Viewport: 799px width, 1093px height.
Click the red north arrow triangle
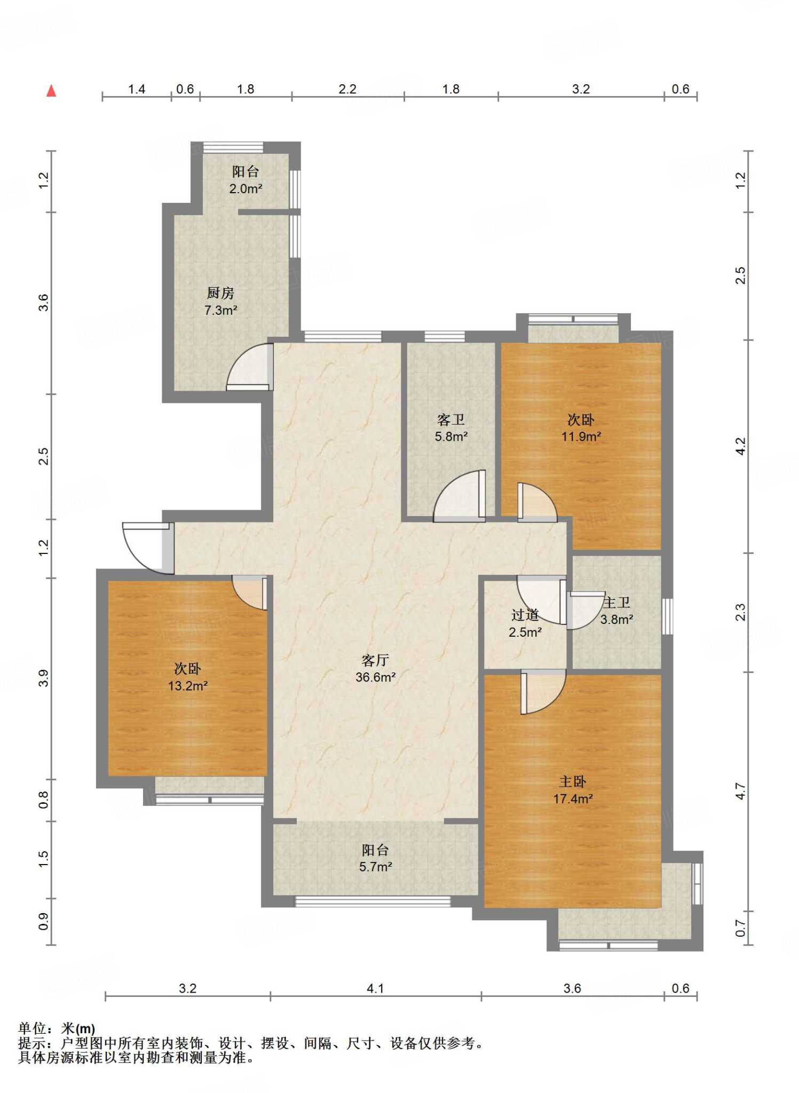pyautogui.click(x=51, y=91)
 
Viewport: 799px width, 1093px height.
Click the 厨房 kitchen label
pyautogui.click(x=220, y=293)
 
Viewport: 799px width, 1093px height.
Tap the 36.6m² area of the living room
pyautogui.click(x=376, y=677)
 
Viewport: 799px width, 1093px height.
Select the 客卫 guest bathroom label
pyautogui.click(x=451, y=419)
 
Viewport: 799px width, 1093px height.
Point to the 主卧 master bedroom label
pyautogui.click(x=573, y=782)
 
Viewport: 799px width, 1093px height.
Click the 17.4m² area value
pyautogui.click(x=573, y=799)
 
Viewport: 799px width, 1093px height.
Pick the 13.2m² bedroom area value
pyautogui.click(x=188, y=686)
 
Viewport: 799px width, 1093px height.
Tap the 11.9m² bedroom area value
pyautogui.click(x=581, y=437)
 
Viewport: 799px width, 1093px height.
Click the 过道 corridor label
pyautogui.click(x=525, y=615)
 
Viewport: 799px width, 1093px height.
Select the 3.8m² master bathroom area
pyautogui.click(x=617, y=620)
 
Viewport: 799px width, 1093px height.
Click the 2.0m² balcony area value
pyautogui.click(x=246, y=188)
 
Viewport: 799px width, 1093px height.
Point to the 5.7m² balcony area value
pyautogui.click(x=376, y=867)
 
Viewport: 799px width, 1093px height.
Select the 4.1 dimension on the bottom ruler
pyautogui.click(x=375, y=988)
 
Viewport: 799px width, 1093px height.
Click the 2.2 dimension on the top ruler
pyautogui.click(x=347, y=89)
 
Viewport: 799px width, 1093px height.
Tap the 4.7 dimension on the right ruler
pyautogui.click(x=740, y=791)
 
